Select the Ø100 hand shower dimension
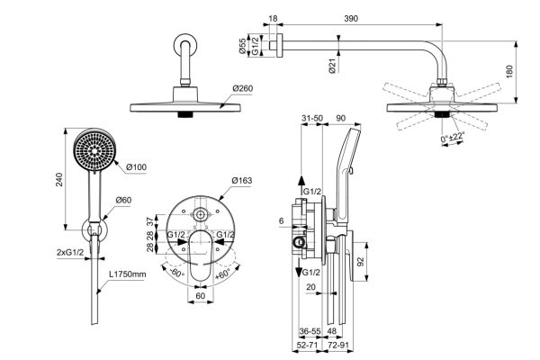coord(137,166)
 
